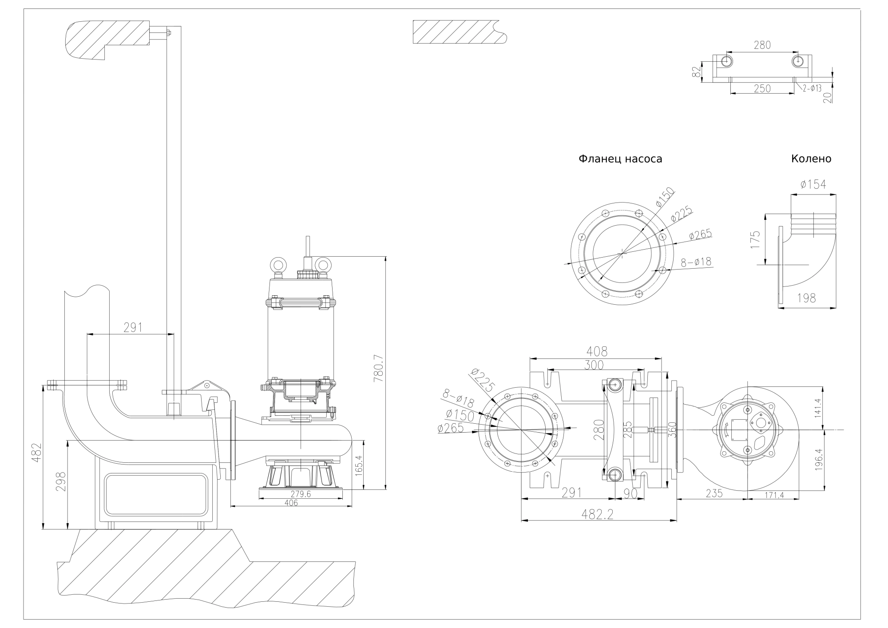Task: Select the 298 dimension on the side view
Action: click(x=62, y=487)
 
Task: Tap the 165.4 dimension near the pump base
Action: click(x=360, y=465)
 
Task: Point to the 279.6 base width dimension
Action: click(x=301, y=494)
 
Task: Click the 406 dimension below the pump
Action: click(x=291, y=503)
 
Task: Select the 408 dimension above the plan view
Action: click(x=596, y=351)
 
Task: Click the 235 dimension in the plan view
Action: click(x=714, y=493)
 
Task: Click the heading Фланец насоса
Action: click(x=620, y=159)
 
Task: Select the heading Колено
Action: click(x=811, y=159)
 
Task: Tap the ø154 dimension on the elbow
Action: click(x=813, y=184)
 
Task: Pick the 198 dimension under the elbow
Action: click(x=806, y=298)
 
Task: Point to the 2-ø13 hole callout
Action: click(x=812, y=88)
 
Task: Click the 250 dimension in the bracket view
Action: click(x=762, y=88)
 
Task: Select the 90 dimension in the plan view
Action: click(x=630, y=493)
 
